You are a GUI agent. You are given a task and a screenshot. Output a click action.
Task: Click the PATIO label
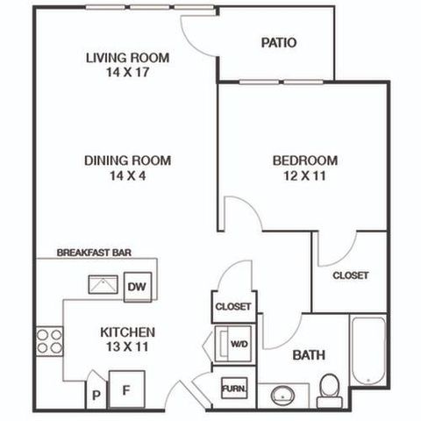point(279,43)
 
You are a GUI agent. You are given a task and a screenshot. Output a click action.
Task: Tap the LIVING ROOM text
point(127,58)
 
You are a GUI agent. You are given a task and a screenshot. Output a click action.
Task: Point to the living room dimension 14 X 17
point(127,72)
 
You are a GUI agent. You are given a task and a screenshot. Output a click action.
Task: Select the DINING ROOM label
point(127,161)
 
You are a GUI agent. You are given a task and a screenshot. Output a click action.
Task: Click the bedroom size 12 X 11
point(304,175)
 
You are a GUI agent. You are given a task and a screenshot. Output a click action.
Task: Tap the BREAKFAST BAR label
point(94,253)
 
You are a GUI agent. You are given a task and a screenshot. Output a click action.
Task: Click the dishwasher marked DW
point(138,287)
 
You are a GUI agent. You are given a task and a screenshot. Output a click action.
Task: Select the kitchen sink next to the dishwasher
point(103,284)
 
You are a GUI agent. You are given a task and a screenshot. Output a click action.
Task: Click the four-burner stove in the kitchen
point(49,341)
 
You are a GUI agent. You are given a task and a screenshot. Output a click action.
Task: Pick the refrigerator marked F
point(127,389)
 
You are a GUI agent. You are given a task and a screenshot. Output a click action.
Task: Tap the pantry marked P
point(96,392)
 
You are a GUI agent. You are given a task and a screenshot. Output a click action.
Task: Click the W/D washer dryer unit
point(233,344)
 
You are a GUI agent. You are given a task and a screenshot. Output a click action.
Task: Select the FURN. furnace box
point(234,388)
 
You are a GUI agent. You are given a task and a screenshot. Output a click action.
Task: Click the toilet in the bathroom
point(330,390)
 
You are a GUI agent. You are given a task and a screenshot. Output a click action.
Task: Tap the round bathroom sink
point(282,396)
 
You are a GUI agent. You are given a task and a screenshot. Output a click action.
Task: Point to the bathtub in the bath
point(368,352)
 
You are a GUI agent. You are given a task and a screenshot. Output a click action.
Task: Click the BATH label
point(309,355)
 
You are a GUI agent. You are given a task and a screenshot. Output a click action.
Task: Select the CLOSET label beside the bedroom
point(351,275)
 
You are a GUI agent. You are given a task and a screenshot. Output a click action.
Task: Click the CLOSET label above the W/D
point(233,307)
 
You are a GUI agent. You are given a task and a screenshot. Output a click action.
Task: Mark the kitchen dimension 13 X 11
point(127,346)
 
